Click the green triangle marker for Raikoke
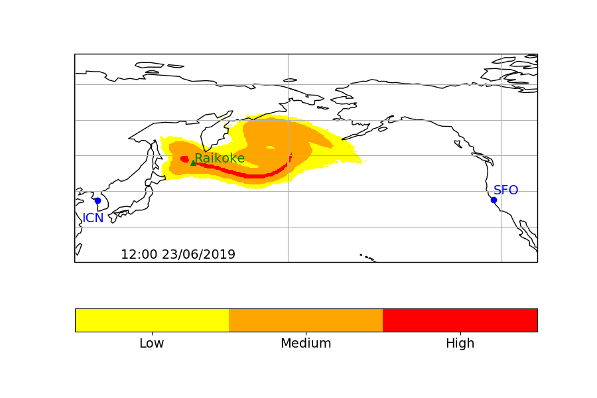[193, 162]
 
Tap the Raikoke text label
[220, 159]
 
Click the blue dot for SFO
[494, 200]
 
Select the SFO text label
[505, 190]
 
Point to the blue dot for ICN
[98, 200]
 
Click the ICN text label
[93, 218]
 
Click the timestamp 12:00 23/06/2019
[178, 255]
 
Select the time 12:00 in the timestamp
[139, 255]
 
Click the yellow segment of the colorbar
[152, 320]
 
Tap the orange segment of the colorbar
[306, 320]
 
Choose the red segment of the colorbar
[460, 320]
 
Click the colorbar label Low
[152, 344]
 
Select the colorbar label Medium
[306, 344]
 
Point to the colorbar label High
[460, 344]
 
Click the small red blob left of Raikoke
[184, 159]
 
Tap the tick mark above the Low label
[152, 334]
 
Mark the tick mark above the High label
[460, 334]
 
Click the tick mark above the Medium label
[306, 334]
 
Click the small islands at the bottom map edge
[367, 257]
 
